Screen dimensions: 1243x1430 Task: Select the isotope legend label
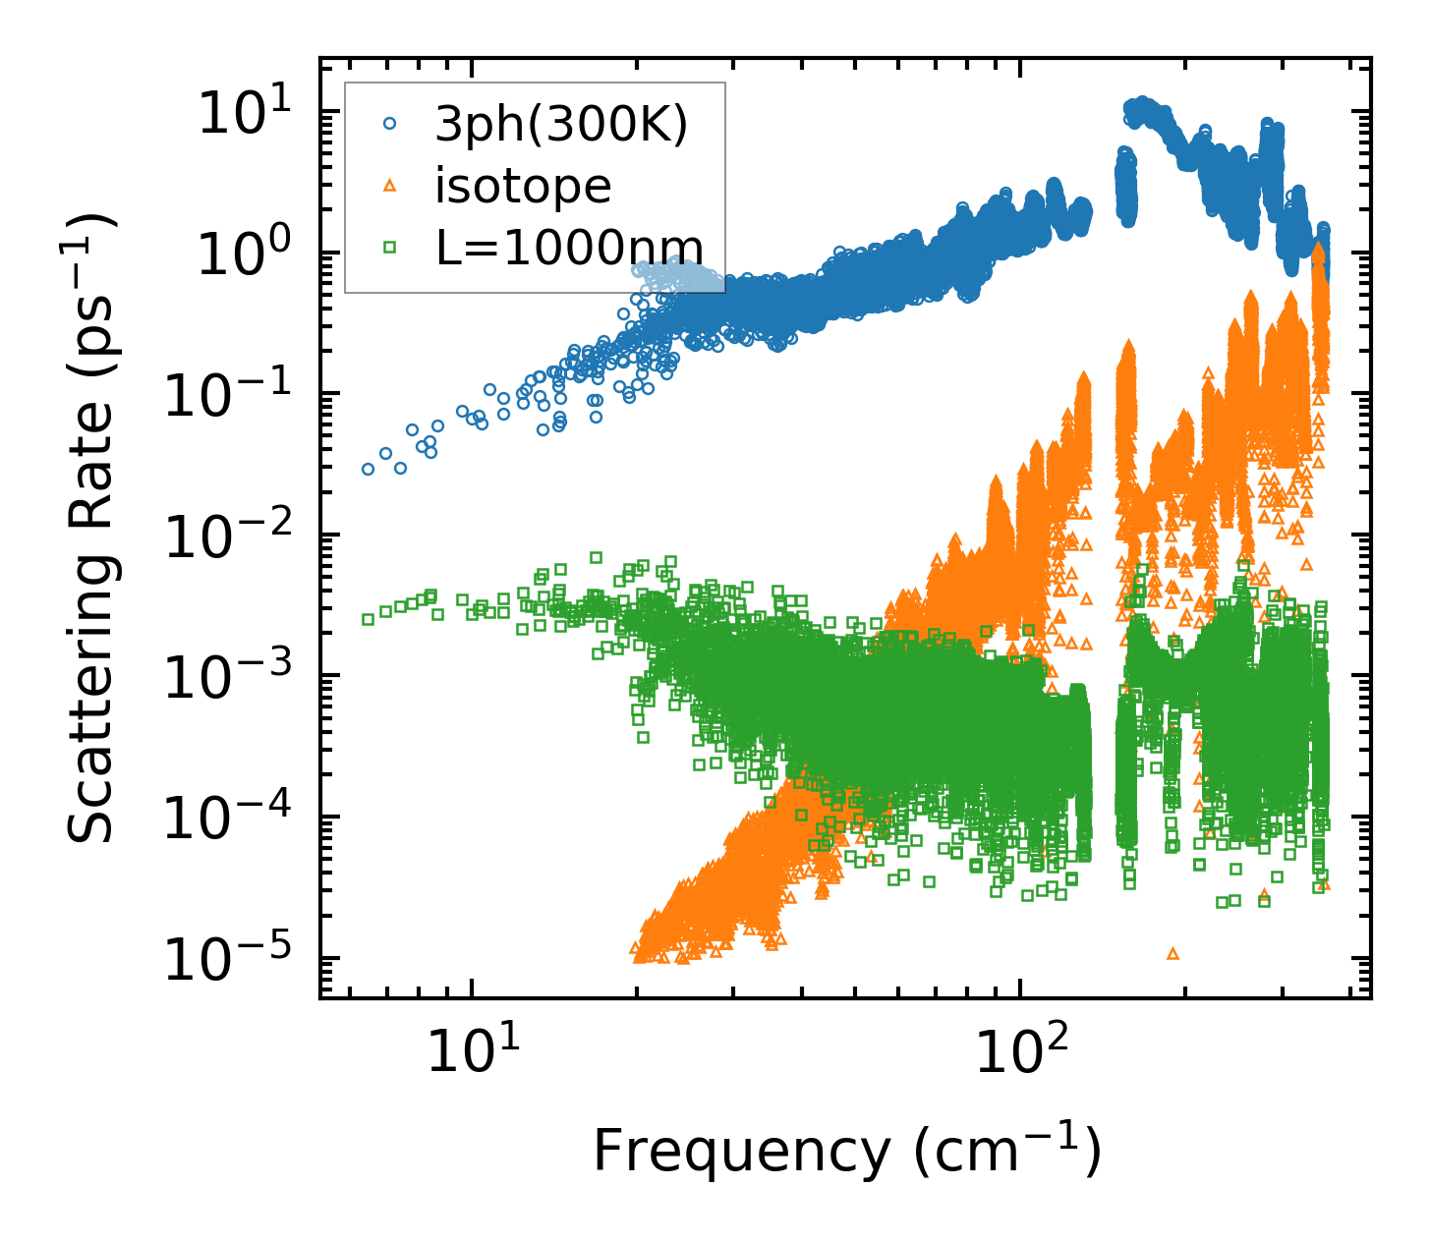(x=523, y=185)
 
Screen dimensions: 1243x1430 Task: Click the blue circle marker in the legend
(x=390, y=124)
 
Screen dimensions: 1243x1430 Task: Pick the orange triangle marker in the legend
(x=390, y=185)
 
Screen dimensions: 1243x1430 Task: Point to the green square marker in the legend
(x=390, y=249)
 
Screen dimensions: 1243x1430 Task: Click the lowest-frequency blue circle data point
(x=368, y=469)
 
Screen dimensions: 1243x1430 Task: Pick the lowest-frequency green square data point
(x=368, y=619)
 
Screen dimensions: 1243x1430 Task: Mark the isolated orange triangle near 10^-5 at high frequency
(x=1172, y=953)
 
